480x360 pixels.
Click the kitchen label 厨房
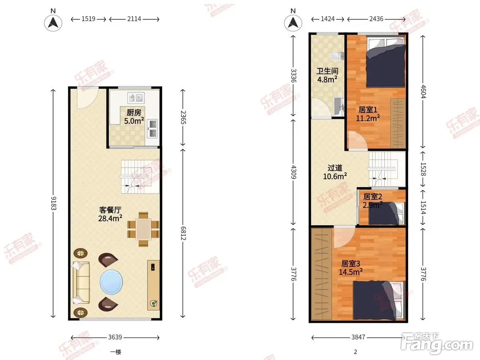click(x=134, y=112)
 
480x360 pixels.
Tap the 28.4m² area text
click(x=110, y=218)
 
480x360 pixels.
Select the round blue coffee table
click(x=111, y=282)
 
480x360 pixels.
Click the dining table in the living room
click(x=143, y=229)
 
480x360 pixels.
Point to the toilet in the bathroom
click(x=337, y=56)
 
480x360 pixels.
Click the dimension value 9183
click(x=53, y=203)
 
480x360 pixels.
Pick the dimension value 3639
click(x=115, y=337)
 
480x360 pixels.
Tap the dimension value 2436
click(x=376, y=19)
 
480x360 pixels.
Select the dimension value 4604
click(x=423, y=92)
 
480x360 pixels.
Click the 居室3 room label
click(x=350, y=264)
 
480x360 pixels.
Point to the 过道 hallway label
click(x=335, y=168)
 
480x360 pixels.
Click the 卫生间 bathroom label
click(x=327, y=71)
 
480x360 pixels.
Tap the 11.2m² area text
click(x=368, y=118)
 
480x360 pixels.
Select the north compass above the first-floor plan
click(x=53, y=23)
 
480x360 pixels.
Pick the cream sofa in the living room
click(x=81, y=283)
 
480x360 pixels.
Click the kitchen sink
click(x=136, y=98)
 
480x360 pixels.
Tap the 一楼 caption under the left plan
click(x=116, y=352)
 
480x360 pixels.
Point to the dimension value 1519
click(x=88, y=19)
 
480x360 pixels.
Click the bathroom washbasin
click(x=339, y=106)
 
